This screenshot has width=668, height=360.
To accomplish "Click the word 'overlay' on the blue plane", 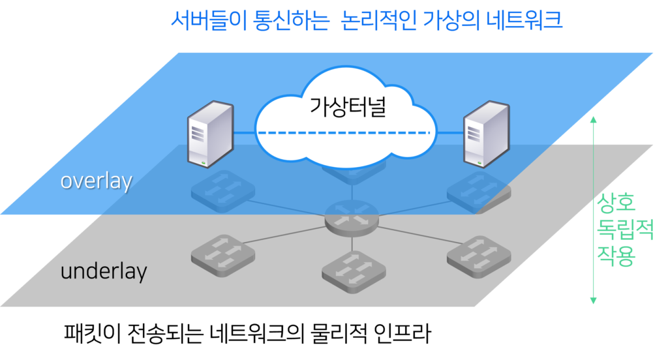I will point(96,181).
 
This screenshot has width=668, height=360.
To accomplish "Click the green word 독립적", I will point(625,229).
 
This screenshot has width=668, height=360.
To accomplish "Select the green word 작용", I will point(616,254).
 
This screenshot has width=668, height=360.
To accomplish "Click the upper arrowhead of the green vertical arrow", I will point(593,119).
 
